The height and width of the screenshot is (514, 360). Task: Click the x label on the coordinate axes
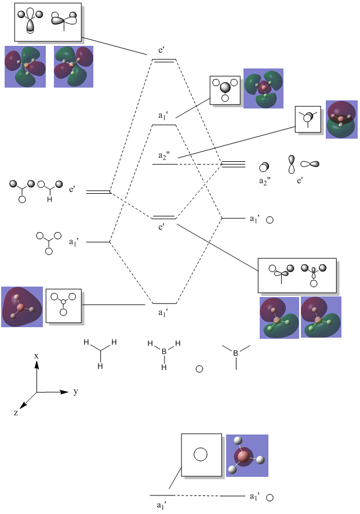[37, 355]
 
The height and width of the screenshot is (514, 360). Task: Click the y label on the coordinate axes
[76, 392]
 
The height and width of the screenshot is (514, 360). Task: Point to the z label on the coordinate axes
[16, 412]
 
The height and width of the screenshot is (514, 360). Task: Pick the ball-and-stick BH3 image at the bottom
[247, 456]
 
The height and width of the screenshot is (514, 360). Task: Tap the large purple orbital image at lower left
[22, 307]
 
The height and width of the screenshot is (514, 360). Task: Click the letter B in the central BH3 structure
[164, 352]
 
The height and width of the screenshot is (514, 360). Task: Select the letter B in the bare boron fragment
[235, 353]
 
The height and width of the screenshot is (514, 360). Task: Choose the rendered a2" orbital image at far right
[342, 120]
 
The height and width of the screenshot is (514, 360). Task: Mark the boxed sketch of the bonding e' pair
[296, 276]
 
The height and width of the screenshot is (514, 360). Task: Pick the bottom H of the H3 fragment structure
[100, 366]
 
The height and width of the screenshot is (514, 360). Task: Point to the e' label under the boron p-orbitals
[300, 181]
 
